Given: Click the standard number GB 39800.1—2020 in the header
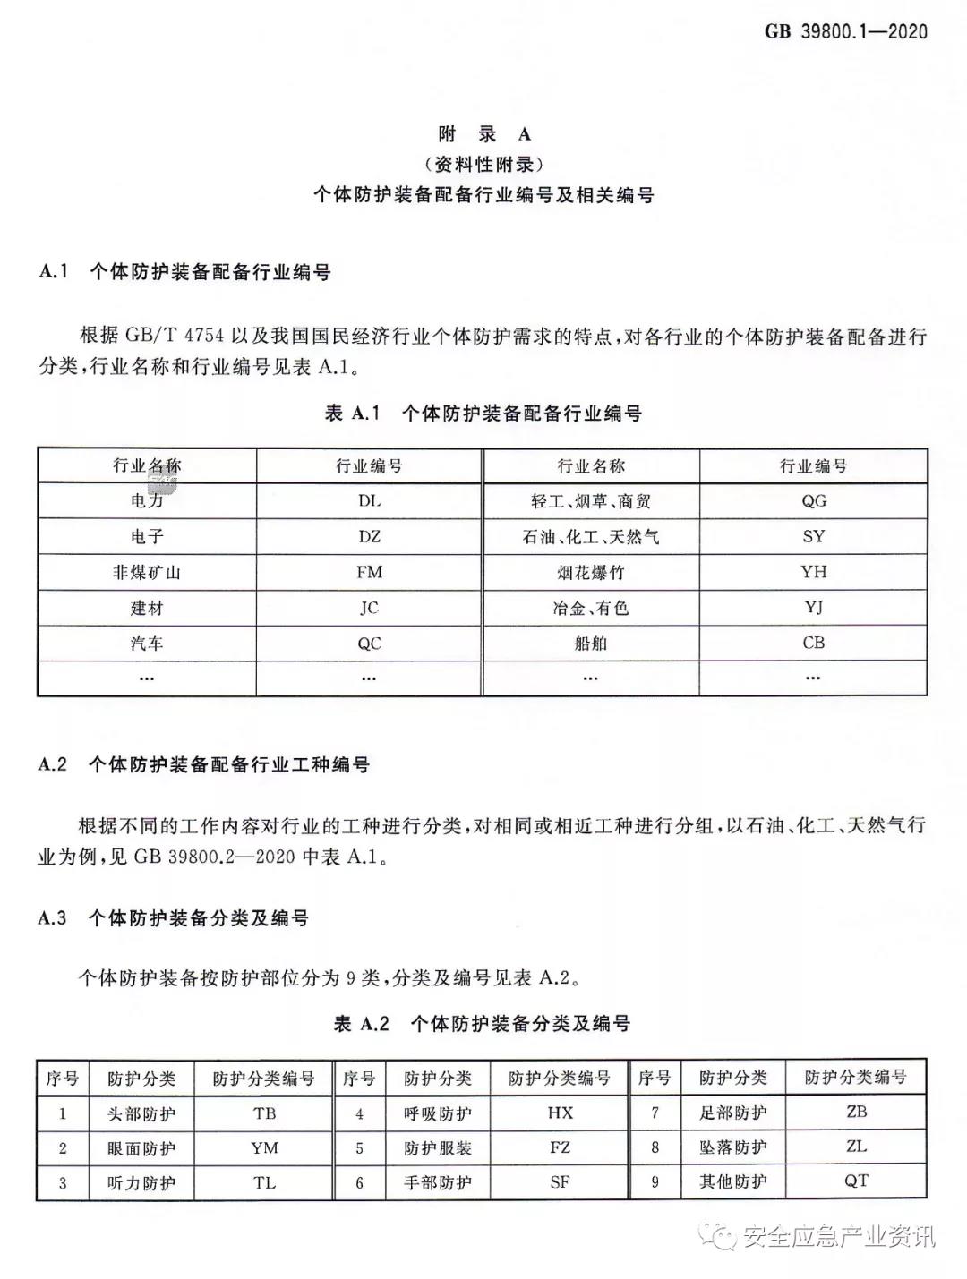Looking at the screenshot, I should click(x=846, y=31).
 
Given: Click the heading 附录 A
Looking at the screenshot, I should click(x=483, y=134).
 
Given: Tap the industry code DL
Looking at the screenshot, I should click(x=369, y=500).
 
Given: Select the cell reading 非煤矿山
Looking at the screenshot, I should click(x=147, y=572).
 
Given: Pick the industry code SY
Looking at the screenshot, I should click(x=813, y=536).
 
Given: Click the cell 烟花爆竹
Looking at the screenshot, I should click(x=591, y=572).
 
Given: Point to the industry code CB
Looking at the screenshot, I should click(x=813, y=643).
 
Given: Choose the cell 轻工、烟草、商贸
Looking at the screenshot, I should click(x=591, y=500).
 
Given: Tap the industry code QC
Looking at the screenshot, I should click(x=369, y=643).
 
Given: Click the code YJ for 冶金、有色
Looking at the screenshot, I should click(x=813, y=608).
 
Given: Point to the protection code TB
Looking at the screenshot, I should click(x=264, y=1113).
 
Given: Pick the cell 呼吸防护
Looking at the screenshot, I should click(x=437, y=1113).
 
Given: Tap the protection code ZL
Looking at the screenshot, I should click(x=856, y=1147).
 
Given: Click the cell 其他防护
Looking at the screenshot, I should click(x=732, y=1181).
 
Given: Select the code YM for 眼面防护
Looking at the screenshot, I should click(x=264, y=1147).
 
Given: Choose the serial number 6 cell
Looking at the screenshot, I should click(x=360, y=1182).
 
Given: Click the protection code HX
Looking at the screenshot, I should click(x=560, y=1113).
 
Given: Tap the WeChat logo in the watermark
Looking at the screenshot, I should click(x=723, y=1235).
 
